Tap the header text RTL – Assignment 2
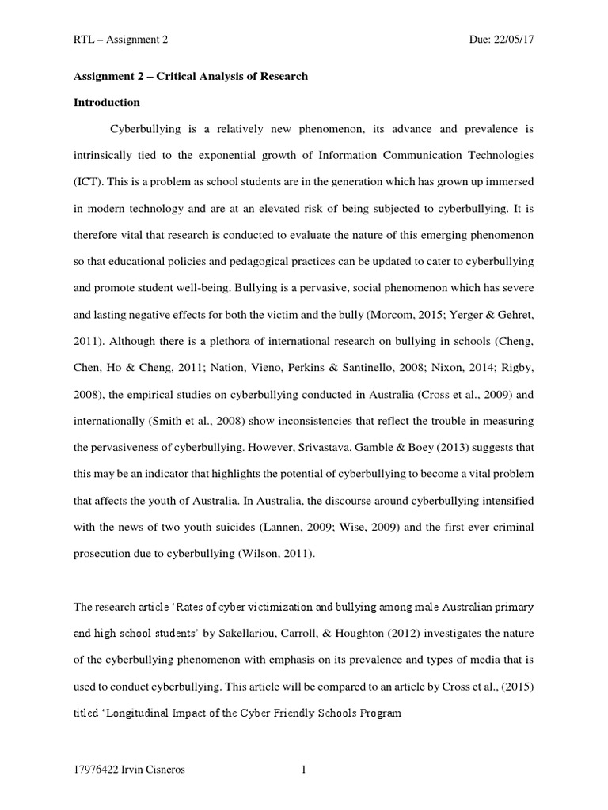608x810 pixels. pos(120,39)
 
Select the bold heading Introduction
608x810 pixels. pos(106,103)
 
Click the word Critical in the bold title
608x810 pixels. pos(181,77)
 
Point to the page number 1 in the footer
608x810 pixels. pos(302,774)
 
